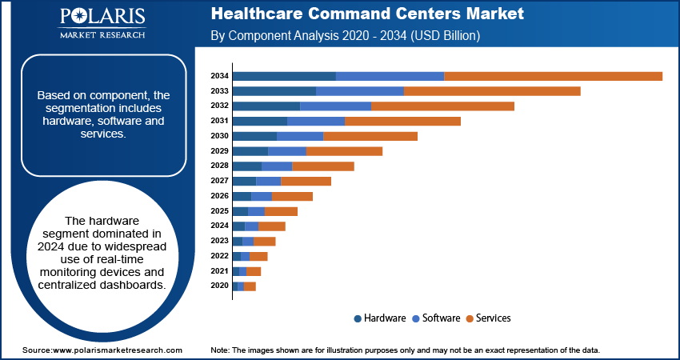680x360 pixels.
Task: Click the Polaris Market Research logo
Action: click(x=102, y=24)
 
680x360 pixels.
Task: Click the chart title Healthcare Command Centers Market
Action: click(x=367, y=14)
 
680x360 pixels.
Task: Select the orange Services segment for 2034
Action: click(x=553, y=76)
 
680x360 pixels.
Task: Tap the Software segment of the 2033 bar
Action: click(x=360, y=91)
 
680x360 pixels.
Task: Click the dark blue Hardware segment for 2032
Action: click(x=266, y=106)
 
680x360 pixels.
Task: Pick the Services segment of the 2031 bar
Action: click(x=402, y=121)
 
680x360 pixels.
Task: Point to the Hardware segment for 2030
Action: click(x=254, y=136)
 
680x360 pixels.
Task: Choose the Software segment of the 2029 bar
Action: click(x=287, y=151)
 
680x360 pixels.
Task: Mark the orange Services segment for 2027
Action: click(x=306, y=181)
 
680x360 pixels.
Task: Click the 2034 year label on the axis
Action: click(x=220, y=76)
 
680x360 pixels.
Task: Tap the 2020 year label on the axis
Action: click(x=220, y=286)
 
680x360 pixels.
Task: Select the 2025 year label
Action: click(x=220, y=211)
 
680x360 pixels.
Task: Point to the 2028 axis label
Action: click(x=220, y=166)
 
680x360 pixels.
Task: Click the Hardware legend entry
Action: click(x=380, y=318)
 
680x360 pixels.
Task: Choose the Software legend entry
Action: click(x=436, y=318)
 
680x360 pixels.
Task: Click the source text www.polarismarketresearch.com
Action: click(x=117, y=350)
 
